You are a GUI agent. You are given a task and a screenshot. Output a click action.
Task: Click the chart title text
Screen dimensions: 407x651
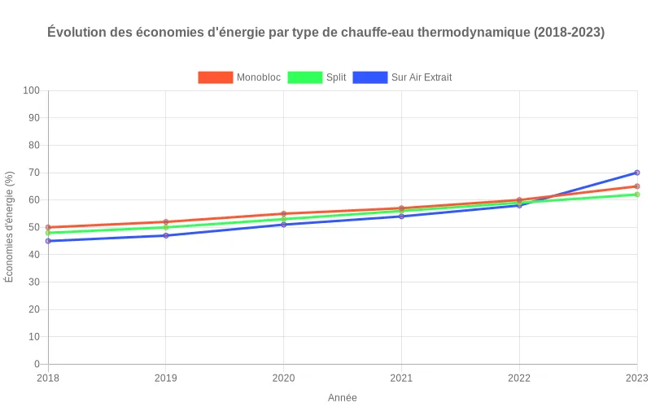(325, 33)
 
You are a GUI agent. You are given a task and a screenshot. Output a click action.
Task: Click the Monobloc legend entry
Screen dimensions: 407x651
(240, 77)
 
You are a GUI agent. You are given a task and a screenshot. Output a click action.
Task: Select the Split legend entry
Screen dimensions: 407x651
(317, 77)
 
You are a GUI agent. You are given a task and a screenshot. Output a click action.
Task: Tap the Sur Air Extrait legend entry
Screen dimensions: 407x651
(404, 77)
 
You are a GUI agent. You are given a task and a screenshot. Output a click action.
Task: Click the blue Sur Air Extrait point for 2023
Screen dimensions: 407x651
(637, 173)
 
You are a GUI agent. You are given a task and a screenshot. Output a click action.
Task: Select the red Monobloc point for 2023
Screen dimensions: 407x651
(637, 186)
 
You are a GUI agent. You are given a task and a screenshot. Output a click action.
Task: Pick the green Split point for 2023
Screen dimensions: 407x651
(637, 195)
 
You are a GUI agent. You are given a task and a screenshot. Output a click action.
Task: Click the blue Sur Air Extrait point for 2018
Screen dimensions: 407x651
(48, 241)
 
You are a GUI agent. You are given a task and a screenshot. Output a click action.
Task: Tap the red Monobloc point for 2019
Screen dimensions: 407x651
(166, 222)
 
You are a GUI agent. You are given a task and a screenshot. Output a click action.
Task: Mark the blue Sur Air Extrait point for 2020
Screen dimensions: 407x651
(284, 225)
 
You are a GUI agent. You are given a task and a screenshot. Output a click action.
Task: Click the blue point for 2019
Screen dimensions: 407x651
(166, 235)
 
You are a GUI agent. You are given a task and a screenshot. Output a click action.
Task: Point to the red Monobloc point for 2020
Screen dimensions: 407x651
(284, 214)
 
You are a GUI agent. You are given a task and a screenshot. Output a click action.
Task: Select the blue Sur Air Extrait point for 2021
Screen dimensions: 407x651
(401, 217)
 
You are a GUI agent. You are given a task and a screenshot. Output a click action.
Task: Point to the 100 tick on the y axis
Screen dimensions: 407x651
(32, 90)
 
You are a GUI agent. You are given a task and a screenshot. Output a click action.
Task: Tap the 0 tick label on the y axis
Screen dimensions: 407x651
(37, 364)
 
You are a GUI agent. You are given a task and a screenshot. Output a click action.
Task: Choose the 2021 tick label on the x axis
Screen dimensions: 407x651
(401, 378)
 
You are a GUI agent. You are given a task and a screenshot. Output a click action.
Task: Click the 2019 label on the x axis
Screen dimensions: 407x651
(166, 378)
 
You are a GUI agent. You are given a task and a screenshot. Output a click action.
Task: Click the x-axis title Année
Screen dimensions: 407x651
(343, 398)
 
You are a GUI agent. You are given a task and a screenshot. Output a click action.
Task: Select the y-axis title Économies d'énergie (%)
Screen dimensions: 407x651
(10, 227)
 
